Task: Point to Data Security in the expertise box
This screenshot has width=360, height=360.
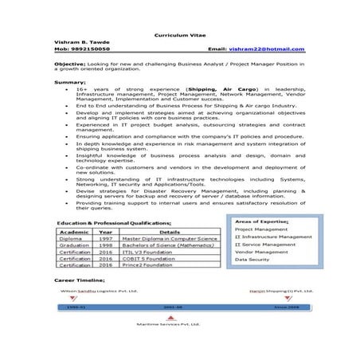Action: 253,260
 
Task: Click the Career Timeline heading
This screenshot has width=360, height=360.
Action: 80,282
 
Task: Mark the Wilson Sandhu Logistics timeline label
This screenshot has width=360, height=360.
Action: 96,292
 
